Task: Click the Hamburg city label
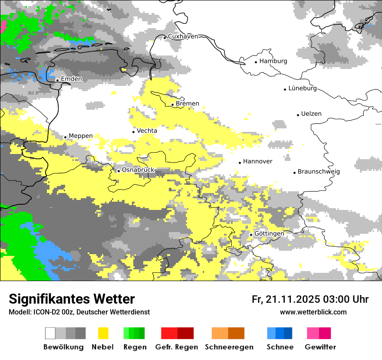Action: (x=273, y=61)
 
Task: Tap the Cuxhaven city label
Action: (x=183, y=36)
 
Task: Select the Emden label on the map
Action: (x=71, y=79)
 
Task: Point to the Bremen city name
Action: (x=188, y=104)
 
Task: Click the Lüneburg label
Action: (x=303, y=88)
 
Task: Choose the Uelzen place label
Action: (x=311, y=114)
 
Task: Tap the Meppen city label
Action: (x=81, y=136)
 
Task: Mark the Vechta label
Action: (x=147, y=131)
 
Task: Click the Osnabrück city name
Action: (x=138, y=170)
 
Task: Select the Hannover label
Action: (x=257, y=161)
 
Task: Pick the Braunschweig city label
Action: (x=319, y=172)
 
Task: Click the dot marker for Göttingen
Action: (x=251, y=235)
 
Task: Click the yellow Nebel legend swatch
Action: (x=103, y=333)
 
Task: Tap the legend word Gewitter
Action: (x=320, y=347)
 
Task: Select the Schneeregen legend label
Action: (x=229, y=347)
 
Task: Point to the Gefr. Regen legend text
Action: (x=177, y=347)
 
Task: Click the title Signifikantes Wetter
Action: (x=72, y=299)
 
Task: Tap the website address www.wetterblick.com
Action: (x=313, y=312)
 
